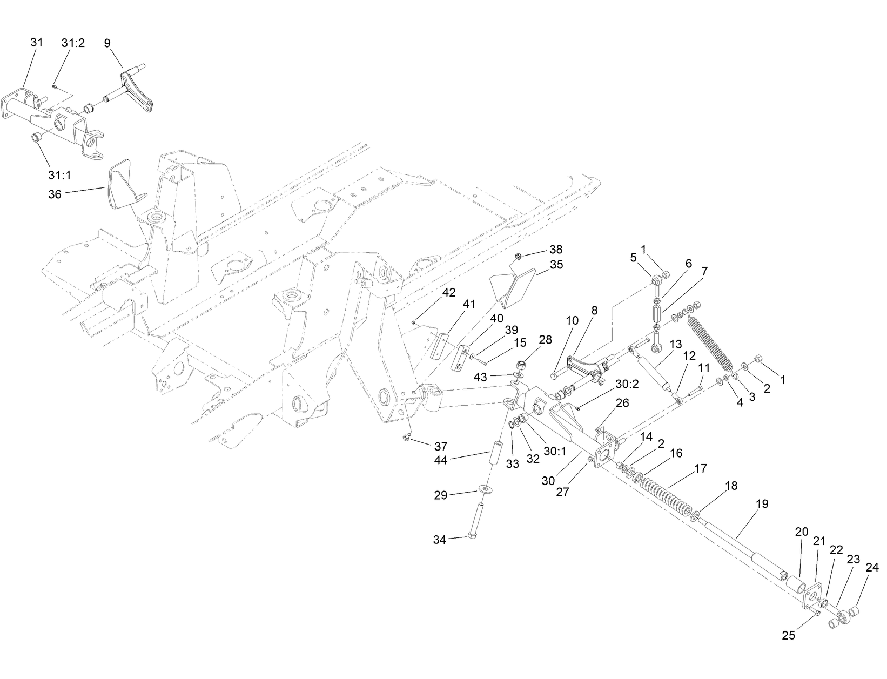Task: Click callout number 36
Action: click(x=55, y=194)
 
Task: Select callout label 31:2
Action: click(x=73, y=43)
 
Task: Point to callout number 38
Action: click(x=556, y=250)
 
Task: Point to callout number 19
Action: click(x=762, y=504)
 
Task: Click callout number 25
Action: click(x=789, y=636)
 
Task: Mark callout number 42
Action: click(x=449, y=292)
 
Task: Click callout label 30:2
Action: click(x=628, y=384)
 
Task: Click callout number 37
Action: click(x=441, y=446)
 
